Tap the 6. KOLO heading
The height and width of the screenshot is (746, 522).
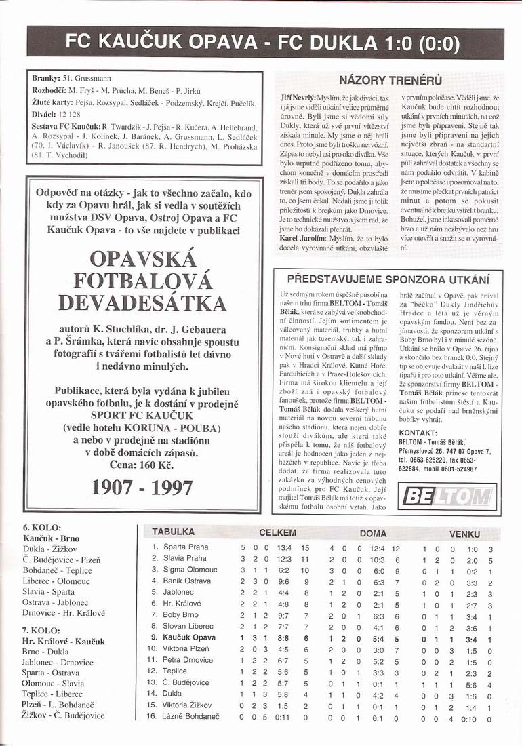42,527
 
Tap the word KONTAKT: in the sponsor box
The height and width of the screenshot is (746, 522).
418,432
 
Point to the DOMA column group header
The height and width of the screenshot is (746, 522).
373,533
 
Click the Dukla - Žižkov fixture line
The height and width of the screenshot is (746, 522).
49,549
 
